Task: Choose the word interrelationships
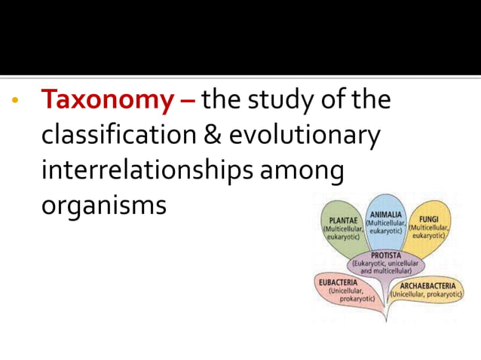pos(148,169)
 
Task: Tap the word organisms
pos(103,204)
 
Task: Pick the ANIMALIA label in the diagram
pos(386,215)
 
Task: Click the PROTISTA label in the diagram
pos(385,255)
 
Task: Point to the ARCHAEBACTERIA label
pos(427,286)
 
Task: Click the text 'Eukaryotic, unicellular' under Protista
pos(385,264)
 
